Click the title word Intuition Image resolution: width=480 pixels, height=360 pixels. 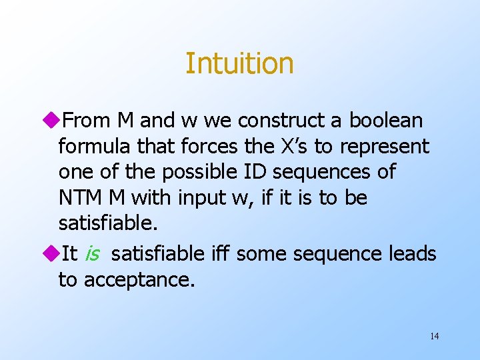[239, 63]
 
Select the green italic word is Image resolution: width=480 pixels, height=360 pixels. [93, 254]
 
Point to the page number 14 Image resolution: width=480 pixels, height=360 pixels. [434, 336]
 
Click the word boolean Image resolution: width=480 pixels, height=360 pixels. [386, 121]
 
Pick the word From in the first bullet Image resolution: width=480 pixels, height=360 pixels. [87, 121]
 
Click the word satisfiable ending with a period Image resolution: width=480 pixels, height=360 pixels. [108, 223]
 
